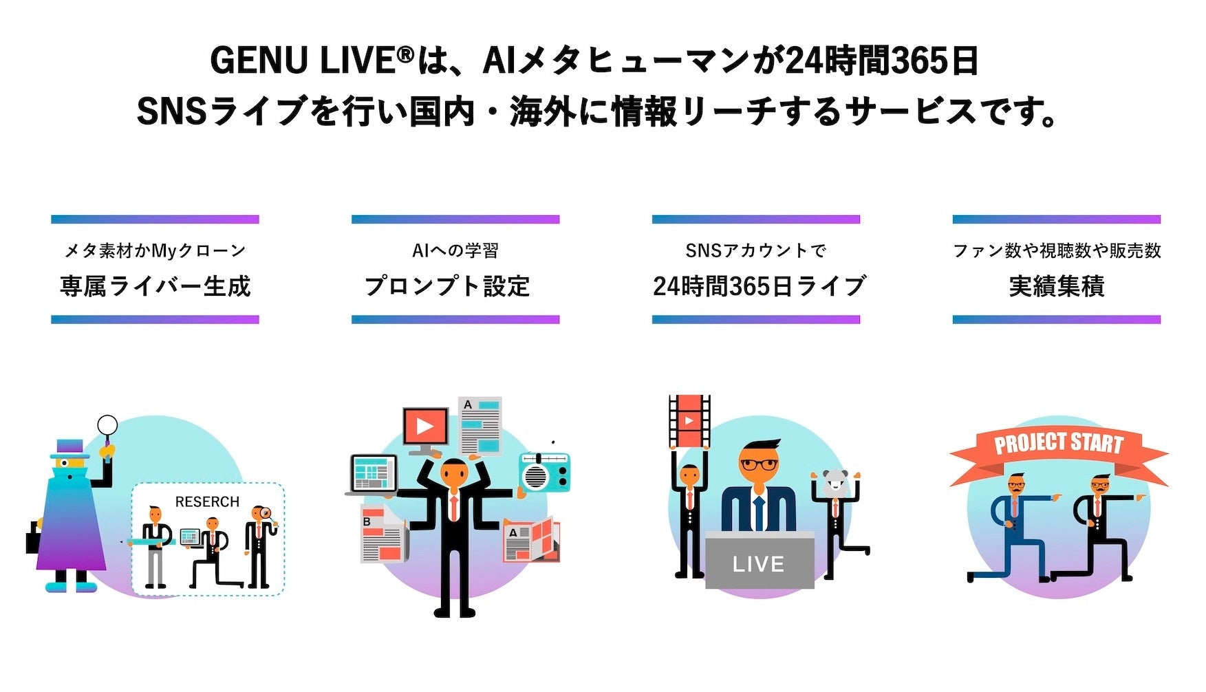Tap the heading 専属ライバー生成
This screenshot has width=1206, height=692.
tap(155, 286)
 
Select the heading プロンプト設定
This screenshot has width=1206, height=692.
tap(447, 286)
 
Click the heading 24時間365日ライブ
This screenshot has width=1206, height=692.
tap(759, 286)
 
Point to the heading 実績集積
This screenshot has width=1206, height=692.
tap(1056, 286)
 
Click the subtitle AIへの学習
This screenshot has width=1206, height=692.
tap(455, 251)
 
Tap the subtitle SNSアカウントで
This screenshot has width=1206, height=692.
tap(755, 251)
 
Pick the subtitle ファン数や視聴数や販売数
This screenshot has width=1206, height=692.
tap(1057, 251)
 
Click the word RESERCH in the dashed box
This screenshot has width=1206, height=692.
tap(207, 502)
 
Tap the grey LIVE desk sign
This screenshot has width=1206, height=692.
tap(759, 563)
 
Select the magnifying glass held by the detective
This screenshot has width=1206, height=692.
tap(107, 426)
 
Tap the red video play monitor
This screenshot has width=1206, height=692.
tap(425, 429)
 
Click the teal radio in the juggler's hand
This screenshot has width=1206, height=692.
tap(545, 471)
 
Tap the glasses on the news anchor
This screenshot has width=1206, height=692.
tap(759, 465)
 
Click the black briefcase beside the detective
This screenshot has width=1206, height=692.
tap(33, 537)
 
